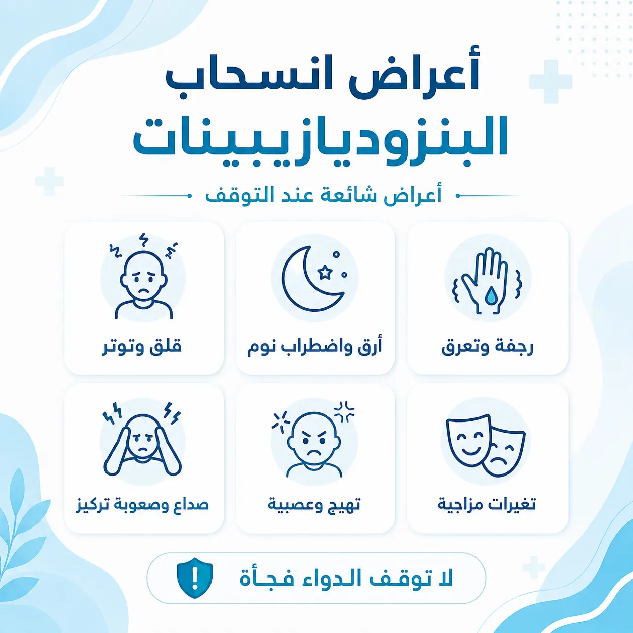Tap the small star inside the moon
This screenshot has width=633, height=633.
[x=325, y=272]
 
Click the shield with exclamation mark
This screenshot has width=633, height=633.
[x=195, y=578]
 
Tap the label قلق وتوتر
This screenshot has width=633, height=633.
[x=142, y=347]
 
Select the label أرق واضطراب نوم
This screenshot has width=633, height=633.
[x=314, y=347]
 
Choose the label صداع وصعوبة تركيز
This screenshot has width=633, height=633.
[x=142, y=505]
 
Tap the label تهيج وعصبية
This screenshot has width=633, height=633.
[x=314, y=505]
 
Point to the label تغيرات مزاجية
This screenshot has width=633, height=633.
[x=487, y=505]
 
